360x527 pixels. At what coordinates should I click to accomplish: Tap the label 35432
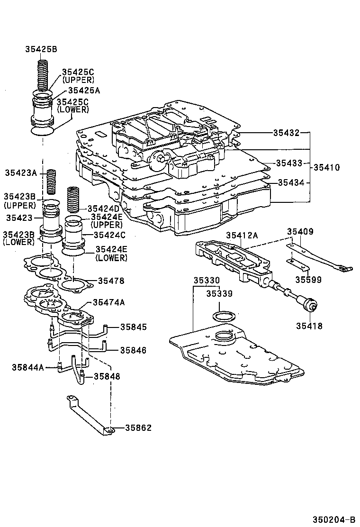coord(286,133)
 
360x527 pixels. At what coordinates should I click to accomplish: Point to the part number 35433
coord(289,163)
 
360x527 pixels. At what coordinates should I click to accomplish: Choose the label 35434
coord(291,182)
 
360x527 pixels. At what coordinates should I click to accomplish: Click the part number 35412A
coord(242,235)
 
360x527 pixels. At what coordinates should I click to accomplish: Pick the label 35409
coord(299,232)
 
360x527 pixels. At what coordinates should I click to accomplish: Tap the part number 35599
coord(308,280)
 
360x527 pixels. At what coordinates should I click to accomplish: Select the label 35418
coord(309,326)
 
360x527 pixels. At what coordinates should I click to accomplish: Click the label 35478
coord(111,281)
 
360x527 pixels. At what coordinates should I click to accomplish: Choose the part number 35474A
coord(109,302)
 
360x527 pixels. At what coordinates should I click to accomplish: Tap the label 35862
coord(138,427)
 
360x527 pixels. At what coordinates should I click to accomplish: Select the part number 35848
coord(107,376)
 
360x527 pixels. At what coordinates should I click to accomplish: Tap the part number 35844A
coord(27,366)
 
